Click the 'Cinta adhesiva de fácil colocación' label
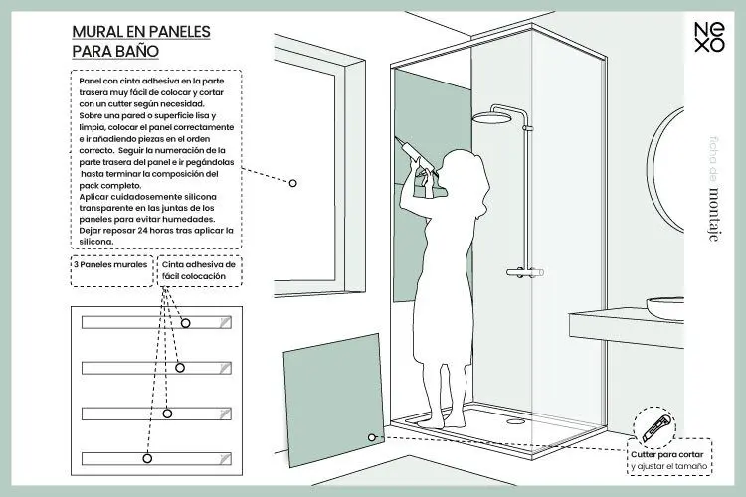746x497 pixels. tap(199, 271)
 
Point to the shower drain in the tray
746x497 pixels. tap(514, 417)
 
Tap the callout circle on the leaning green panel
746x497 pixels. tap(370, 436)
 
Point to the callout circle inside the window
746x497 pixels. tap(293, 183)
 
